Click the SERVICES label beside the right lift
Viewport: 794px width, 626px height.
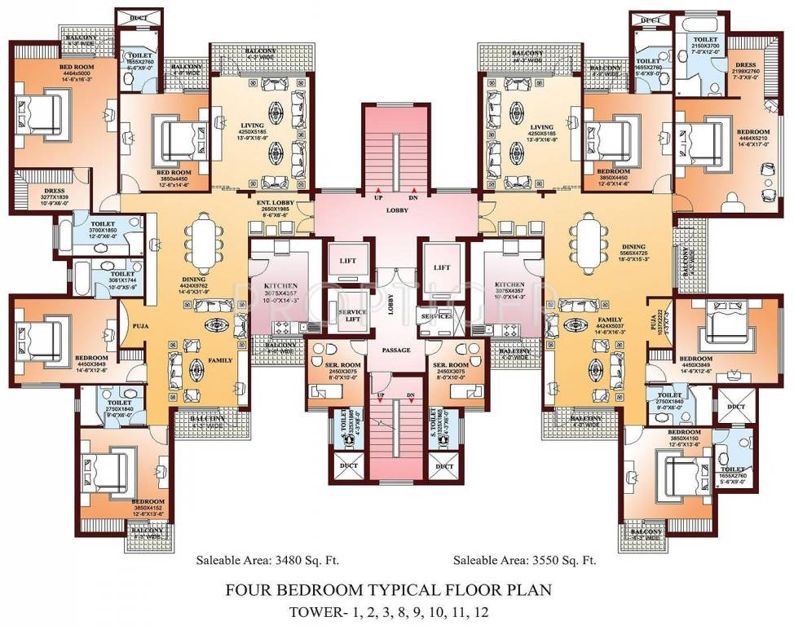point(437,315)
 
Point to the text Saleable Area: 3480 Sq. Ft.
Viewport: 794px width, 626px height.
point(267,561)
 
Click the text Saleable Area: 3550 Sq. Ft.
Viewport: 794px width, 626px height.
point(525,561)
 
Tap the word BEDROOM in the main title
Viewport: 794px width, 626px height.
point(352,589)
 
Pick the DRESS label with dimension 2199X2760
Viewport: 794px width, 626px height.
point(745,65)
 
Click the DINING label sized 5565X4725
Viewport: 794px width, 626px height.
point(633,246)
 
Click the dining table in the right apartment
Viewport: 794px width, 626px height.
point(589,241)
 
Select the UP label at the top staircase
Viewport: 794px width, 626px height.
point(378,198)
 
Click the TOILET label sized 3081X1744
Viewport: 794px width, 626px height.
point(122,274)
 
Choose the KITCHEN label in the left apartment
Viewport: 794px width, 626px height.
point(280,286)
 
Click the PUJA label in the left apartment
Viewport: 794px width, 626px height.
point(138,324)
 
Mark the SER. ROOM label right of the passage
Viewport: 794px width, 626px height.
point(451,364)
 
